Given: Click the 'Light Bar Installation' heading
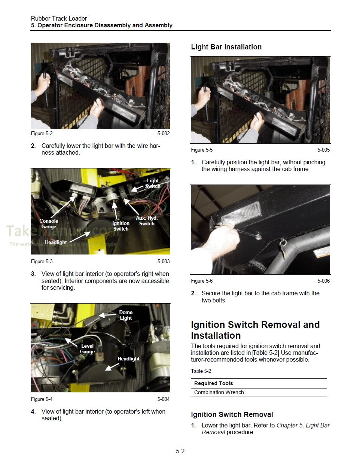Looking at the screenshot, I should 226,47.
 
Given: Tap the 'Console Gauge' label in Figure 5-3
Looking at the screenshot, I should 49,223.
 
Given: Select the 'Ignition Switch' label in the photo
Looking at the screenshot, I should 120,226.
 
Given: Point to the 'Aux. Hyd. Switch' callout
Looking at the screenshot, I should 146,220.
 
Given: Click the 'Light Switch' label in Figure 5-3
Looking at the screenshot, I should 152,183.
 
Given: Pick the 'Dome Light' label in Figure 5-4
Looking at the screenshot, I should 126,315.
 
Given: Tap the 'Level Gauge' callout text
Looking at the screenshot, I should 87,348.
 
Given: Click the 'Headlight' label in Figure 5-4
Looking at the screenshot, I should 128,359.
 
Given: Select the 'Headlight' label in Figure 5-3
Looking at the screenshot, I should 56,242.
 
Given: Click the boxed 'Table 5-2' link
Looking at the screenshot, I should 265,353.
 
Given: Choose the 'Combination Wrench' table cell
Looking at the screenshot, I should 219,392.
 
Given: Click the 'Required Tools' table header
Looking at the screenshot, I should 213,383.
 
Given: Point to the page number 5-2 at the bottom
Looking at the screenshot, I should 180,451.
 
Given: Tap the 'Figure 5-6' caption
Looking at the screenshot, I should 202,281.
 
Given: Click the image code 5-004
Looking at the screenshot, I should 163,399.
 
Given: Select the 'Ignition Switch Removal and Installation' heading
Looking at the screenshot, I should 255,330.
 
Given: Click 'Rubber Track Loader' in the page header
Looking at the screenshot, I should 59,18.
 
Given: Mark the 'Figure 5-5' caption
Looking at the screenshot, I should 202,150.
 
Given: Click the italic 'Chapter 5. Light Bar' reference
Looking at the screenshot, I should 303,425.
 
